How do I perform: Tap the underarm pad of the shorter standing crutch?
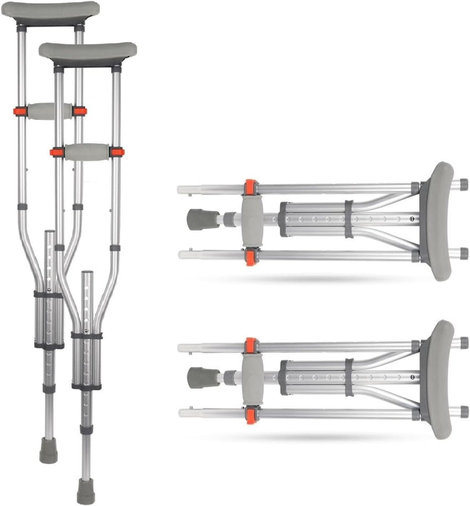tap(88, 52)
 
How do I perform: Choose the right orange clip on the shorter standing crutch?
tap(116, 152)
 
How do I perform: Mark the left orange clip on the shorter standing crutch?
tap(56, 152)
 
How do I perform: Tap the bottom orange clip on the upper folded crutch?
tap(250, 255)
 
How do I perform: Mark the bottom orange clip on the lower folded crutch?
tap(250, 414)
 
